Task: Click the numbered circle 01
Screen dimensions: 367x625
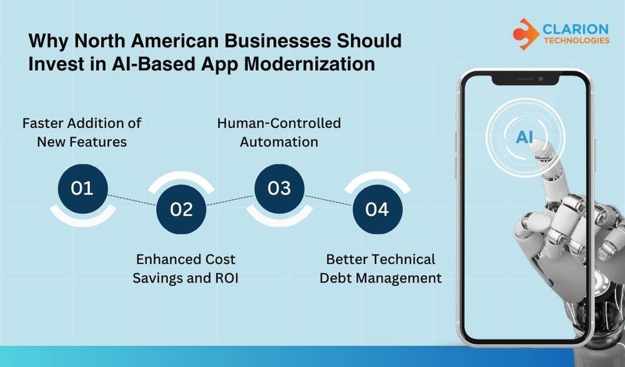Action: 82,188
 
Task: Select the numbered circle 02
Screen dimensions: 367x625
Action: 181,209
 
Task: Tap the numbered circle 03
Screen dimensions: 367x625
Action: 279,188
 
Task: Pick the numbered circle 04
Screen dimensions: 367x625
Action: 377,209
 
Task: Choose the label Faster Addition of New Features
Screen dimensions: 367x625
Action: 82,132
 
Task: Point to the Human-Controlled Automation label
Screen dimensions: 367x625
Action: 279,132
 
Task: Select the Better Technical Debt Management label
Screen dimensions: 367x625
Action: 381,268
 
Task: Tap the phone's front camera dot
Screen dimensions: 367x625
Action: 540,79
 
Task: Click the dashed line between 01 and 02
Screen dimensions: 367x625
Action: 132,199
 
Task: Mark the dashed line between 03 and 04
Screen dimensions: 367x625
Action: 328,199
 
